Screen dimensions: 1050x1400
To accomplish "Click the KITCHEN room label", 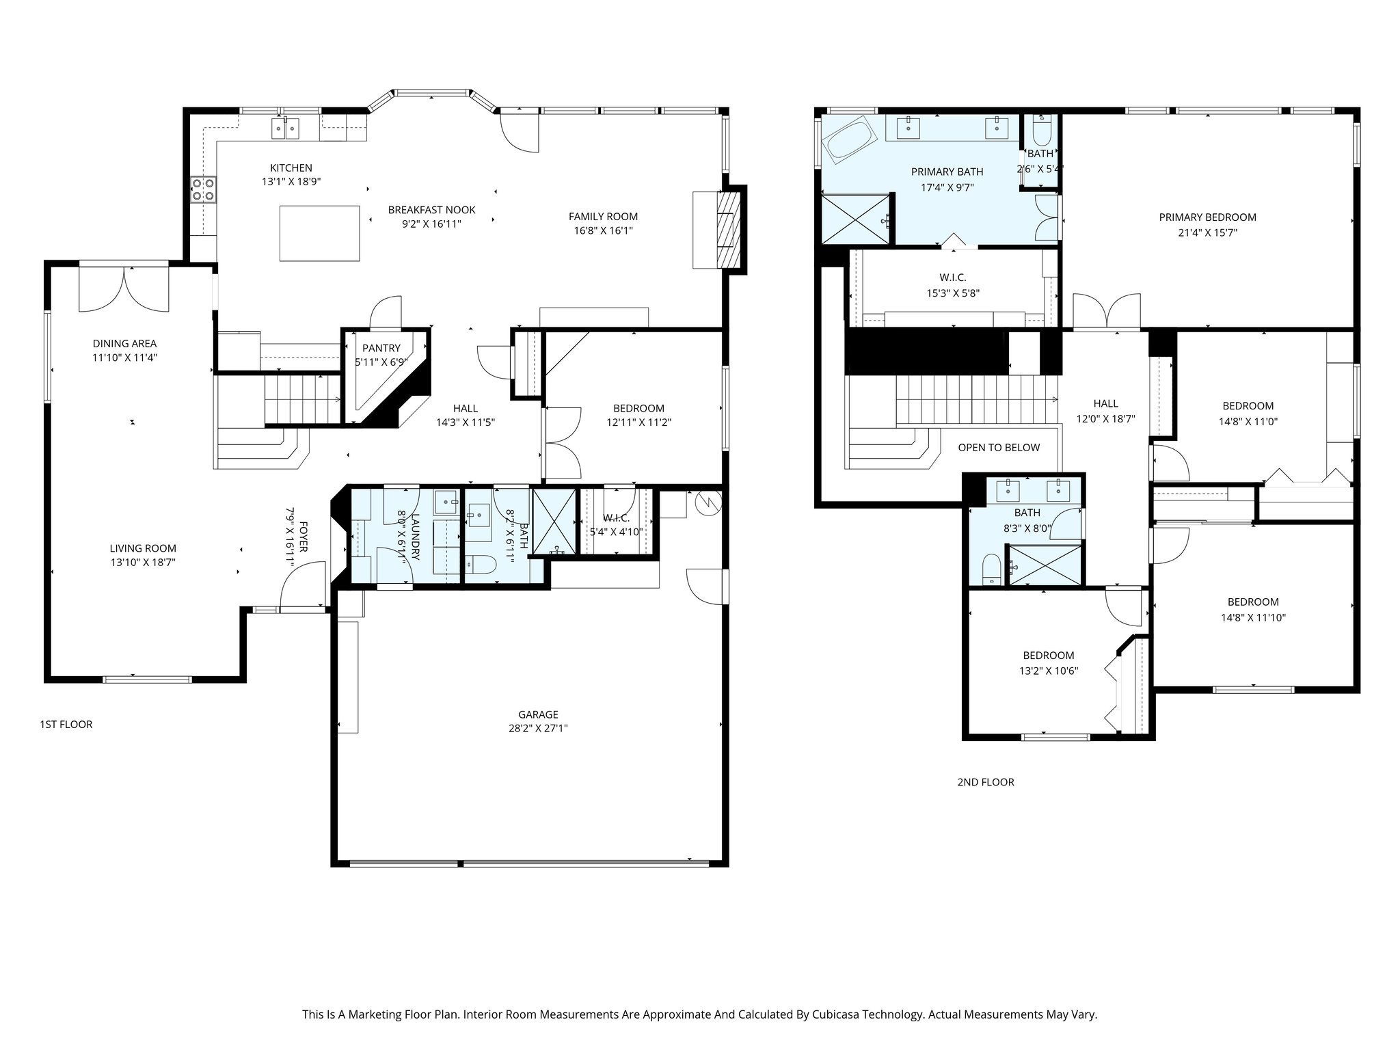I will click(x=291, y=167).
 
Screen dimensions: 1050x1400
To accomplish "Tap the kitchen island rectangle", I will click(x=319, y=233).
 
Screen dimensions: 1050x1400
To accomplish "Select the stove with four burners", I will click(x=204, y=189).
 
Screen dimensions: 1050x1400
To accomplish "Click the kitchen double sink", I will click(x=285, y=128).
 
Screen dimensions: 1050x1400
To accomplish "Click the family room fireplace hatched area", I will click(x=729, y=230).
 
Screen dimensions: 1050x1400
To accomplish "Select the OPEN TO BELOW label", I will click(x=998, y=448).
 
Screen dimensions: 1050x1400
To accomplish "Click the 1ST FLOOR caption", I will click(x=66, y=724).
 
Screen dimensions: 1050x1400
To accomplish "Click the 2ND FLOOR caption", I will click(x=985, y=782).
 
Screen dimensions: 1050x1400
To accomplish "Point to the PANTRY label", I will click(x=381, y=348).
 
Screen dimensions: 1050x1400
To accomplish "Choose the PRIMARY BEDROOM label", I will click(x=1207, y=217).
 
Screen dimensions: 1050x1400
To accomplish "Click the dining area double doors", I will click(x=124, y=289).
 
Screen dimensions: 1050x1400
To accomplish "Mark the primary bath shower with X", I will click(x=856, y=218).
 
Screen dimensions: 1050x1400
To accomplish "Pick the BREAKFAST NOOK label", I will click(x=431, y=210).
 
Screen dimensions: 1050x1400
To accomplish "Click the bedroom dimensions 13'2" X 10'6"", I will click(x=1048, y=671).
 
